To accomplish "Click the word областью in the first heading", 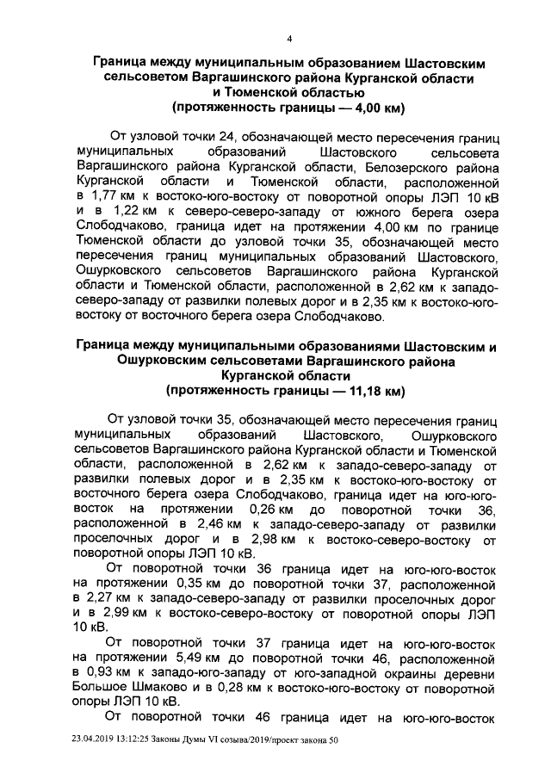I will [x=318, y=94].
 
